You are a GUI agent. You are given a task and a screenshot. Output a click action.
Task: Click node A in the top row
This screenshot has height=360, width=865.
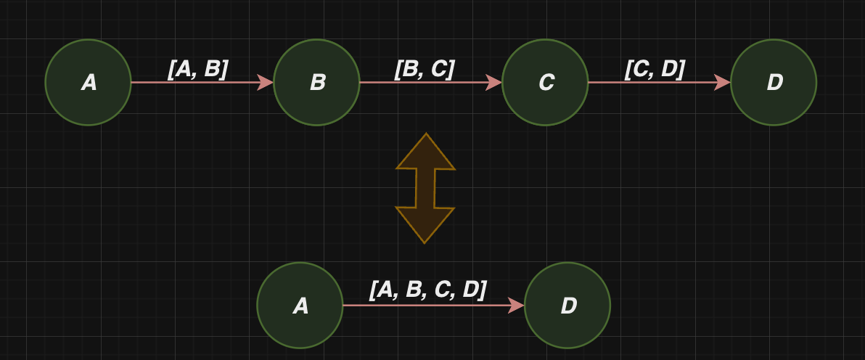(x=89, y=82)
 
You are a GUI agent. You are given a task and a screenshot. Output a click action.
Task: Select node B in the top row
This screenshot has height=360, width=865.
(x=316, y=82)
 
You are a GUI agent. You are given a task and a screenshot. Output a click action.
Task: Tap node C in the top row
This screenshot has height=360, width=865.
(x=545, y=82)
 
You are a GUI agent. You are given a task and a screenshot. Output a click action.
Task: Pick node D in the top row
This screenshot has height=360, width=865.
(x=774, y=82)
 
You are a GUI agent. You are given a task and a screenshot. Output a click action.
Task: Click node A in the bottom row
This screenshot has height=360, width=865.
(x=300, y=306)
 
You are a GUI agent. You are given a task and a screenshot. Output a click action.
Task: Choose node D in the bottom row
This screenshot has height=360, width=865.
(x=567, y=306)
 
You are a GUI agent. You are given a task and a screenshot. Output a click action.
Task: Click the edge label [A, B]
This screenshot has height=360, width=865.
(x=198, y=69)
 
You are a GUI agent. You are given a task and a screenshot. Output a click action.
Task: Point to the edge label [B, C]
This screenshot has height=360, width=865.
(x=425, y=69)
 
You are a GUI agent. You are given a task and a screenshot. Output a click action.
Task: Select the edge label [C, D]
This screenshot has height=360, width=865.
(x=655, y=69)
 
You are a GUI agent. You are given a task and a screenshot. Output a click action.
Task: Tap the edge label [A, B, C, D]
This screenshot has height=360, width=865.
(x=427, y=290)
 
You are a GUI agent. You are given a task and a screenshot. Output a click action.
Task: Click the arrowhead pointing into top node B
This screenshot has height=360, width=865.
(x=266, y=82)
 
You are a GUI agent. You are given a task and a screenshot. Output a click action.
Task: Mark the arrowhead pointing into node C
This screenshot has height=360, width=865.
(x=493, y=82)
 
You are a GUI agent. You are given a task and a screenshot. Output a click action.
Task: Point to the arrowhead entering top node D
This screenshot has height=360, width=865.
(x=722, y=82)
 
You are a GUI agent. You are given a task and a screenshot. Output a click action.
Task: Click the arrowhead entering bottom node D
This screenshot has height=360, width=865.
(x=517, y=306)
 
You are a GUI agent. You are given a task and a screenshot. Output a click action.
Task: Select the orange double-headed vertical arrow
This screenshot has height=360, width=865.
(x=425, y=188)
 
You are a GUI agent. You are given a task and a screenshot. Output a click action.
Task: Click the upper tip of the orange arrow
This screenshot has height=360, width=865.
(x=426, y=133)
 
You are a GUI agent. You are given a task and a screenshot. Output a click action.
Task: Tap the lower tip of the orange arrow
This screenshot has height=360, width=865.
(x=425, y=243)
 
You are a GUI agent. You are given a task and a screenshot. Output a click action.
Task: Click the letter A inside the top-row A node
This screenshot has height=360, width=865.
(x=89, y=83)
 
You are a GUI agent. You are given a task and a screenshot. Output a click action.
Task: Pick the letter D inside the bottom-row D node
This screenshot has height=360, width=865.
(x=569, y=306)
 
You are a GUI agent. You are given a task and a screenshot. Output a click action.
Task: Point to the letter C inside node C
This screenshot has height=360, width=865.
(x=546, y=83)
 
